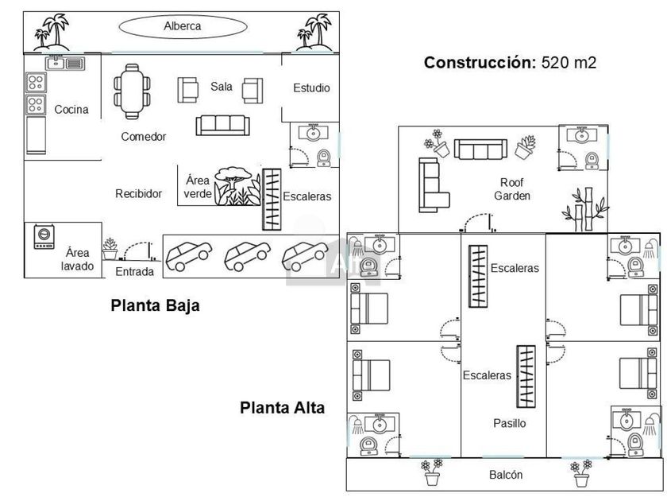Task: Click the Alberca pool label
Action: tap(183, 26)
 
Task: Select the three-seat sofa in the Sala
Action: tap(222, 124)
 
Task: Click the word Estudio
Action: tap(311, 87)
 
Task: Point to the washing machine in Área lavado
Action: tap(44, 237)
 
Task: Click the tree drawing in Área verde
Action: tap(234, 185)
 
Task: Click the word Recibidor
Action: tap(139, 193)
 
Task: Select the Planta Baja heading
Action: tap(155, 305)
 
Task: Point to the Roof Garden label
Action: tap(512, 188)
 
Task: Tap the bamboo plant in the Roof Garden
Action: tap(579, 205)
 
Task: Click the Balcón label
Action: tap(505, 475)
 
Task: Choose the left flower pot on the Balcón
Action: tap(432, 472)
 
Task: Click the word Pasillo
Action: tap(509, 423)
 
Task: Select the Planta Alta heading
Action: tap(283, 407)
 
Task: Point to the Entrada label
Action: tap(135, 272)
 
